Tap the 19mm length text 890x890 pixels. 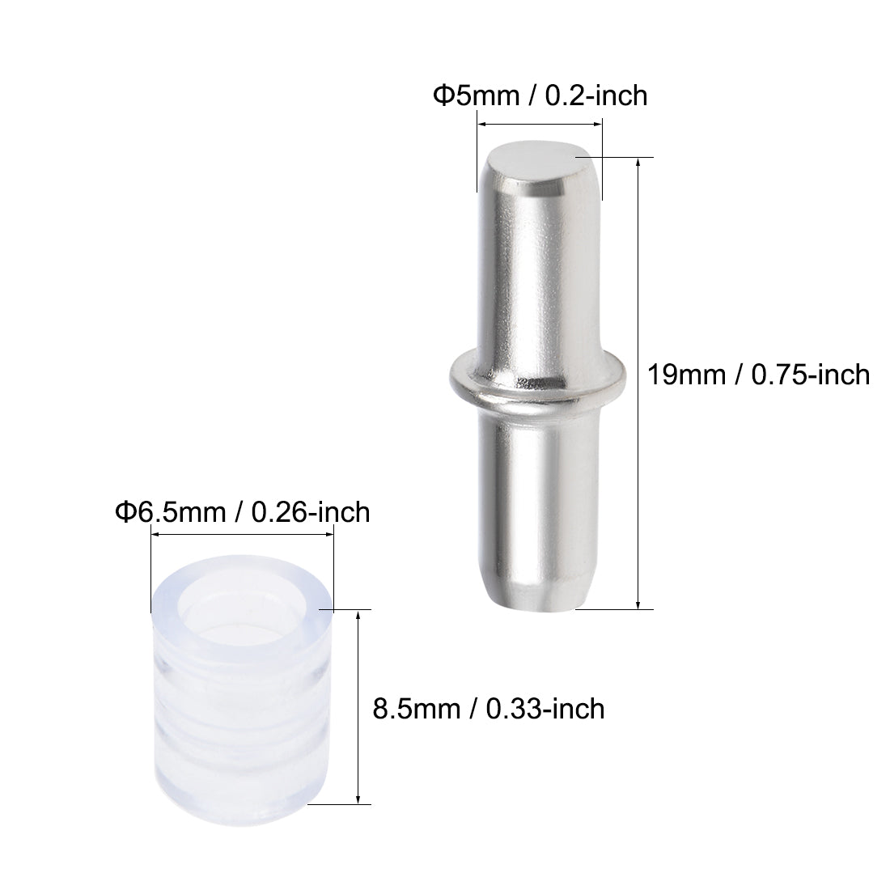click(x=685, y=375)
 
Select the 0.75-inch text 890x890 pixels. click(x=811, y=375)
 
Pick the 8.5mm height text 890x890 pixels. click(x=414, y=709)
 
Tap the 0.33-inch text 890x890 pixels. click(x=546, y=709)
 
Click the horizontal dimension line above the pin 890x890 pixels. click(x=539, y=124)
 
